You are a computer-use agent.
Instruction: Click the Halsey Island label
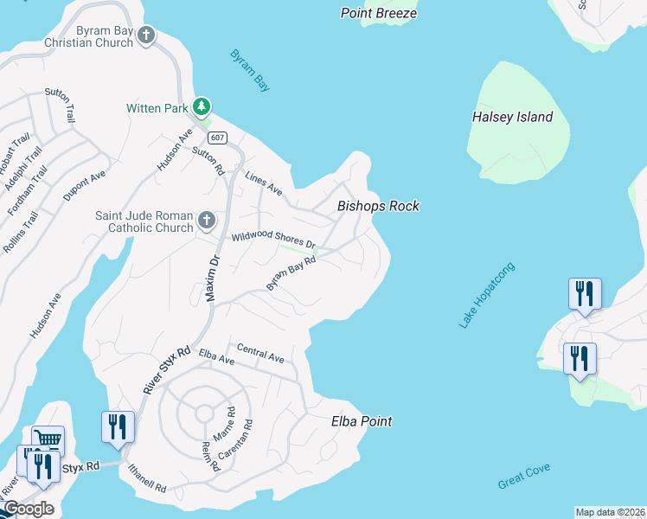(512, 117)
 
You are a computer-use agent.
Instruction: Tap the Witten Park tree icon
(202, 106)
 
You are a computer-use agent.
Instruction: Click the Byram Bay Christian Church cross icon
(146, 35)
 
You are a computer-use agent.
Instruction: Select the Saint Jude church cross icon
(206, 221)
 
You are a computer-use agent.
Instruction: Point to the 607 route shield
(217, 138)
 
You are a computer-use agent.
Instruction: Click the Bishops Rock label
(378, 206)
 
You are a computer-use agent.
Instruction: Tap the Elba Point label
(362, 421)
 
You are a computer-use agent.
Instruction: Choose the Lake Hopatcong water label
(487, 295)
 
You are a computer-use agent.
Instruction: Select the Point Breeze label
(379, 13)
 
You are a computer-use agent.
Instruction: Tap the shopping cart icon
(48, 439)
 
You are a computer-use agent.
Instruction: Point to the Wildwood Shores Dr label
(272, 238)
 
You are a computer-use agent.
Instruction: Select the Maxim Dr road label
(212, 276)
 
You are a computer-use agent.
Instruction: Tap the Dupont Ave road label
(84, 185)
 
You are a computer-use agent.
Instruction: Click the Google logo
(29, 508)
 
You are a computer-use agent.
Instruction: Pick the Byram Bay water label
(250, 70)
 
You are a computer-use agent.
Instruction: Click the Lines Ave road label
(264, 184)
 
